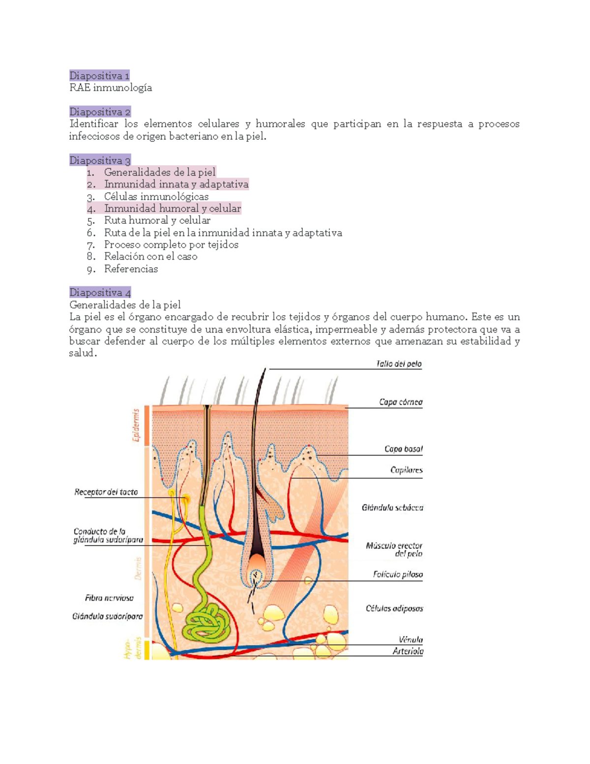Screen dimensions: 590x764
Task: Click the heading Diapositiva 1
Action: (x=99, y=76)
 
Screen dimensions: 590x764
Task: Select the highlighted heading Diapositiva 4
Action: (x=100, y=292)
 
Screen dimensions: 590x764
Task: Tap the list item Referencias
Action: (x=131, y=269)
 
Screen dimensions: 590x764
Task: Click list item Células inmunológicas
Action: (x=156, y=196)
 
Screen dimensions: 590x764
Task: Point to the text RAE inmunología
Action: (x=111, y=88)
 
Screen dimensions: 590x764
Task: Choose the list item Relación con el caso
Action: (x=150, y=256)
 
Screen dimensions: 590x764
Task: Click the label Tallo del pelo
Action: (x=399, y=364)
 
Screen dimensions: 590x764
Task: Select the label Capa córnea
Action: (x=401, y=402)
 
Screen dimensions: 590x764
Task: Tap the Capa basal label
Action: (x=403, y=449)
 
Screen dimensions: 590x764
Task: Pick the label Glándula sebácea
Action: (x=392, y=507)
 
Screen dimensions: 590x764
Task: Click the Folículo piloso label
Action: (x=398, y=574)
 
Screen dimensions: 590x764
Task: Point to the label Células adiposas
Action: (x=394, y=609)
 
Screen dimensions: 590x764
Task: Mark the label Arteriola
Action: (x=408, y=651)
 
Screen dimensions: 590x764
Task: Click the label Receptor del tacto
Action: (x=106, y=492)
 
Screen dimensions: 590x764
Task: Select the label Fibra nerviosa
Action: (x=109, y=598)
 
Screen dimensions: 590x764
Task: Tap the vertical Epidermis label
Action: (x=136, y=425)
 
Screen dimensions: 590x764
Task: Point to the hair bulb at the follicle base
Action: (x=257, y=566)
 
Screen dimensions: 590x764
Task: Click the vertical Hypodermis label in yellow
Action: (x=133, y=648)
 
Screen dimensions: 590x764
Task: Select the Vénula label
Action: (x=411, y=640)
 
